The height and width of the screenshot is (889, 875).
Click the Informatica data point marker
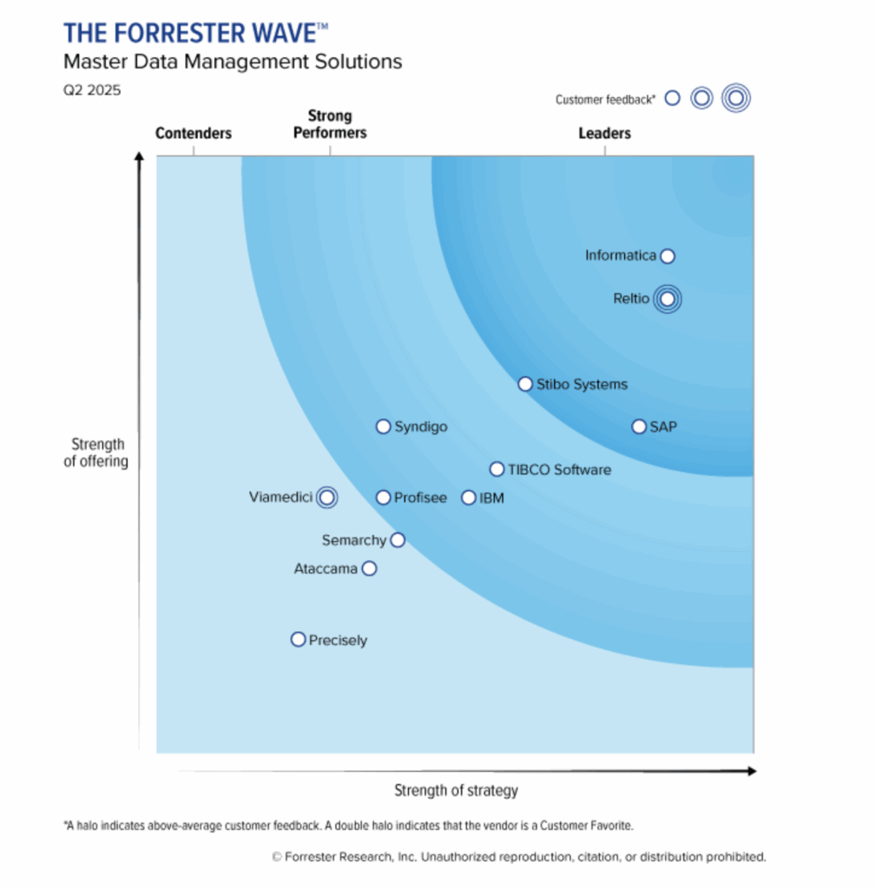(667, 255)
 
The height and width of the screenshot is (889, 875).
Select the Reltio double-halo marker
(667, 299)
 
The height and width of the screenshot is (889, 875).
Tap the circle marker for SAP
(639, 426)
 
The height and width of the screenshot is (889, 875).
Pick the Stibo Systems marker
(525, 384)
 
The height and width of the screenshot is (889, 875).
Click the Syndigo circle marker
(383, 426)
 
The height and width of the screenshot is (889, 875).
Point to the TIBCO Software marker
(497, 469)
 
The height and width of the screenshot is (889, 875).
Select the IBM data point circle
(469, 497)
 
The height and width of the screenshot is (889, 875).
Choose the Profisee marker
(383, 497)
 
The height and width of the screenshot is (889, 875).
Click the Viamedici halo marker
(326, 497)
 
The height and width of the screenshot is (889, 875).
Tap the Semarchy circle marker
(398, 540)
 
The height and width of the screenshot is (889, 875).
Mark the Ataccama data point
(369, 569)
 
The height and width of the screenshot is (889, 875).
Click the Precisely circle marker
(298, 639)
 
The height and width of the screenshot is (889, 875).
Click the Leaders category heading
(605, 133)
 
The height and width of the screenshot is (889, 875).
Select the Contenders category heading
(194, 133)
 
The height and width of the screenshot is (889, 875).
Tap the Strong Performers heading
(330, 124)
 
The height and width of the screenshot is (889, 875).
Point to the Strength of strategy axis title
(456, 790)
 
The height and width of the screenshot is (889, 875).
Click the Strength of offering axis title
(95, 453)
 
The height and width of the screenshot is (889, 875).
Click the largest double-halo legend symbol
(735, 99)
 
